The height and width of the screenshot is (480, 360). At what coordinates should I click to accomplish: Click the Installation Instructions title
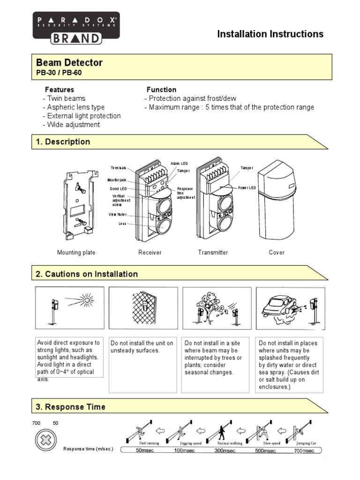(x=270, y=34)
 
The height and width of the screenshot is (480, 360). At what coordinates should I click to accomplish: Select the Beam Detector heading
(x=69, y=62)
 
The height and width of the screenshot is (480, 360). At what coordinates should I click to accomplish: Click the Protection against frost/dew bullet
(x=190, y=98)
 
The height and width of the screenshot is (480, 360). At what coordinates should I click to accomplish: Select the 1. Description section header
(x=63, y=142)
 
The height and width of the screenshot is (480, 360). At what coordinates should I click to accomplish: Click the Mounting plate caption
(x=76, y=253)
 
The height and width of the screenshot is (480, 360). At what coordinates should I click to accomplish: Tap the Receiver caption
(x=150, y=253)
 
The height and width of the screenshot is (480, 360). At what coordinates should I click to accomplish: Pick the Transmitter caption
(x=213, y=253)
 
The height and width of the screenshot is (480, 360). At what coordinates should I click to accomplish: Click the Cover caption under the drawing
(x=276, y=253)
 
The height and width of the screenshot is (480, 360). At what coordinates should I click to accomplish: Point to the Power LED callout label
(x=247, y=187)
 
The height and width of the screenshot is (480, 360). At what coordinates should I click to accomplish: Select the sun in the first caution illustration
(x=87, y=299)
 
